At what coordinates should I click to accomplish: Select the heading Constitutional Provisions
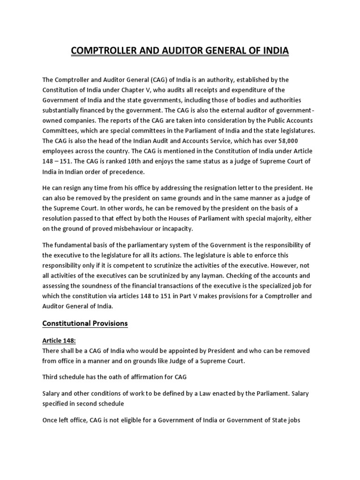[x=85, y=323]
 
